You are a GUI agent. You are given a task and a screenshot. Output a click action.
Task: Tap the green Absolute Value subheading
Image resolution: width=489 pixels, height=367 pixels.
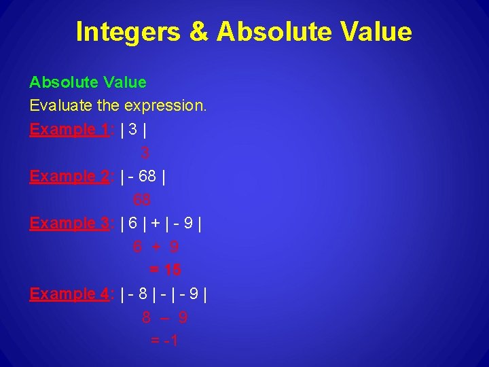pyautogui.click(x=88, y=82)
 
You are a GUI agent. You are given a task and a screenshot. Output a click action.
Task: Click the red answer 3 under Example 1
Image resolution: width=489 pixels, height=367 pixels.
pyautogui.click(x=145, y=154)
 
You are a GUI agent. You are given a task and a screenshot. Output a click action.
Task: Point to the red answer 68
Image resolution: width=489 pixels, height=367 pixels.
pyautogui.click(x=142, y=200)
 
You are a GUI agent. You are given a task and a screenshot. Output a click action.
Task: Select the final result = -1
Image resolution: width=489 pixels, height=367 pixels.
pyautogui.click(x=164, y=340)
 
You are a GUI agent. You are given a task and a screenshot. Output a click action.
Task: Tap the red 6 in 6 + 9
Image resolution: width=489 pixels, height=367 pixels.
pyautogui.click(x=138, y=247)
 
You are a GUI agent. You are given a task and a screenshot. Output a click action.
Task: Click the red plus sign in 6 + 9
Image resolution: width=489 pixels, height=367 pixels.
pyautogui.click(x=156, y=247)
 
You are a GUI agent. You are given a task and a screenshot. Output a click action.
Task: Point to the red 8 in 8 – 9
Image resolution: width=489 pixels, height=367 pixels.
pyautogui.click(x=147, y=317)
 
